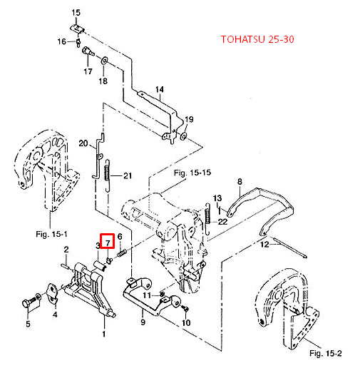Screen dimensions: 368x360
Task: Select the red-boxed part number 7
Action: [x=107, y=242]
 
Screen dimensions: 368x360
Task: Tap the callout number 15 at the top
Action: [x=77, y=13]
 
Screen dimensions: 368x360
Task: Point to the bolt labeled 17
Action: [x=86, y=53]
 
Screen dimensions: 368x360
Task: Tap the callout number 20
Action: [x=83, y=143]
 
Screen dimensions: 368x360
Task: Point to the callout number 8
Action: [x=240, y=182]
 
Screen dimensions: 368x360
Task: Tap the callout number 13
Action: [x=218, y=197]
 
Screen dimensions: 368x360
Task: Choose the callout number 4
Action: [x=55, y=313]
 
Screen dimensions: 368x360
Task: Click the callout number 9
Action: [x=141, y=322]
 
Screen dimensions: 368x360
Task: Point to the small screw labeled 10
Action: [x=184, y=308]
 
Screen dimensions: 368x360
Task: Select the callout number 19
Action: [x=189, y=118]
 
